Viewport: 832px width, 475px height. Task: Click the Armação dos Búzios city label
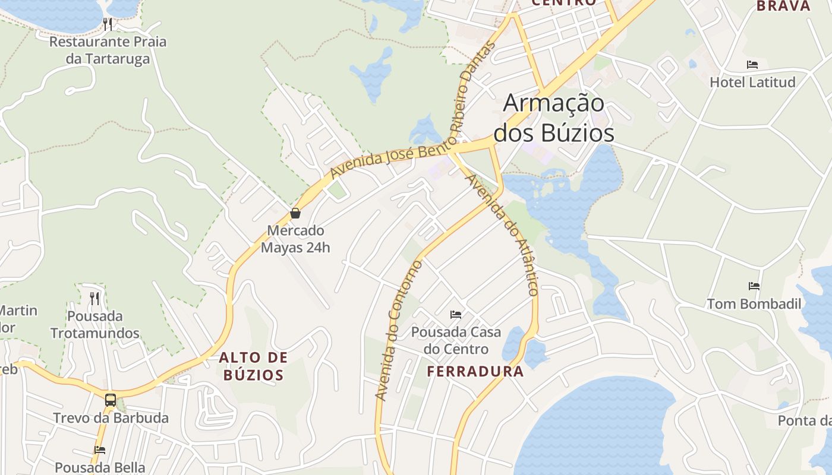pyautogui.click(x=554, y=118)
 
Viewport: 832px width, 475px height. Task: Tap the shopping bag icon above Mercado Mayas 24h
pyautogui.click(x=295, y=213)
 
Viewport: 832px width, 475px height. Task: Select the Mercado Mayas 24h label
pyautogui.click(x=295, y=239)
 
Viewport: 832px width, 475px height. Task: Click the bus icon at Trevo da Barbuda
pyautogui.click(x=111, y=400)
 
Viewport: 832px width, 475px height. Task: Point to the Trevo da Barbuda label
pyautogui.click(x=111, y=418)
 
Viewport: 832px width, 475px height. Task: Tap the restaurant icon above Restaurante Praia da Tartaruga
pyautogui.click(x=108, y=24)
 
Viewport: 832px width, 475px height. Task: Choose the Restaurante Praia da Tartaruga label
pyautogui.click(x=108, y=50)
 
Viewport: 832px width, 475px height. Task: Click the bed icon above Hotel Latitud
pyautogui.click(x=752, y=64)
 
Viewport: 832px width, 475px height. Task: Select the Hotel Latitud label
pyautogui.click(x=752, y=82)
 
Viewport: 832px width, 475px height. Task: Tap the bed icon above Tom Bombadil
pyautogui.click(x=754, y=286)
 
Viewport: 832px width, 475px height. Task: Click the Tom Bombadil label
pyautogui.click(x=754, y=304)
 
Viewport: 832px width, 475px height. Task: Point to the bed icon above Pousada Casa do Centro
pyautogui.click(x=456, y=314)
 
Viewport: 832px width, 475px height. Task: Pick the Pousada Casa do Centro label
pyautogui.click(x=456, y=340)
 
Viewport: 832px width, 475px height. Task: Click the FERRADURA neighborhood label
pyautogui.click(x=475, y=372)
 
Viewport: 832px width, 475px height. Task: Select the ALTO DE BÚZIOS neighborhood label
pyautogui.click(x=253, y=366)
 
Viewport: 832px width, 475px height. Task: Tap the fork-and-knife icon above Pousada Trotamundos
pyautogui.click(x=94, y=298)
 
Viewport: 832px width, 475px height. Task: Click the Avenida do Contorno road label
pyautogui.click(x=398, y=330)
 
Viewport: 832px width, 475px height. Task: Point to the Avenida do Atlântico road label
pyautogui.click(x=503, y=235)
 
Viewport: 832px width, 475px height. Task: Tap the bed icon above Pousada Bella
pyautogui.click(x=100, y=450)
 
